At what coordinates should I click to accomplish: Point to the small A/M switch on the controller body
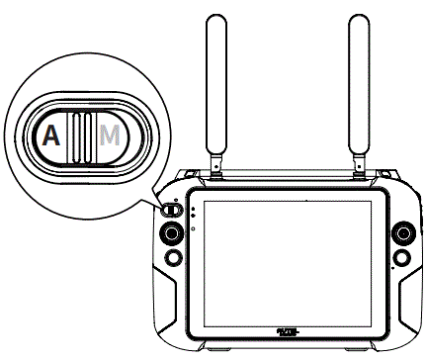click(171, 209)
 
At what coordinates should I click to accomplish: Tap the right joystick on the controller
click(403, 234)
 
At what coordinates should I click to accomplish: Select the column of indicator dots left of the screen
click(193, 218)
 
